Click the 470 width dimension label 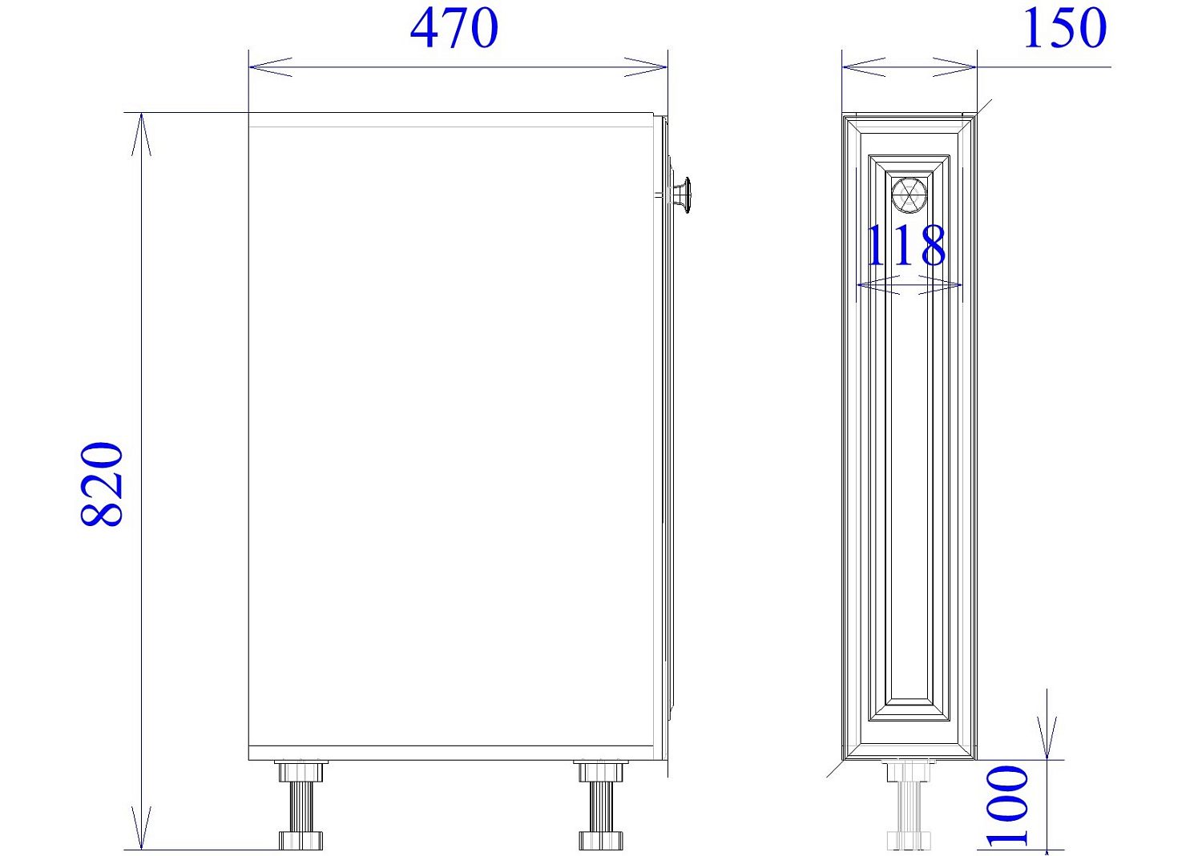tap(454, 29)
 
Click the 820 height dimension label tap(103, 484)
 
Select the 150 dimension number tap(1064, 29)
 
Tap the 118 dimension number tap(906, 246)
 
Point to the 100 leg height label tap(1006, 806)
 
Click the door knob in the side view tap(680, 195)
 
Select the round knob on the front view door tap(909, 196)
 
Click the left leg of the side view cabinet tap(300, 805)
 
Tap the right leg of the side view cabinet tap(601, 805)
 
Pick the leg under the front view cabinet tap(909, 805)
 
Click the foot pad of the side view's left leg tap(300, 841)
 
